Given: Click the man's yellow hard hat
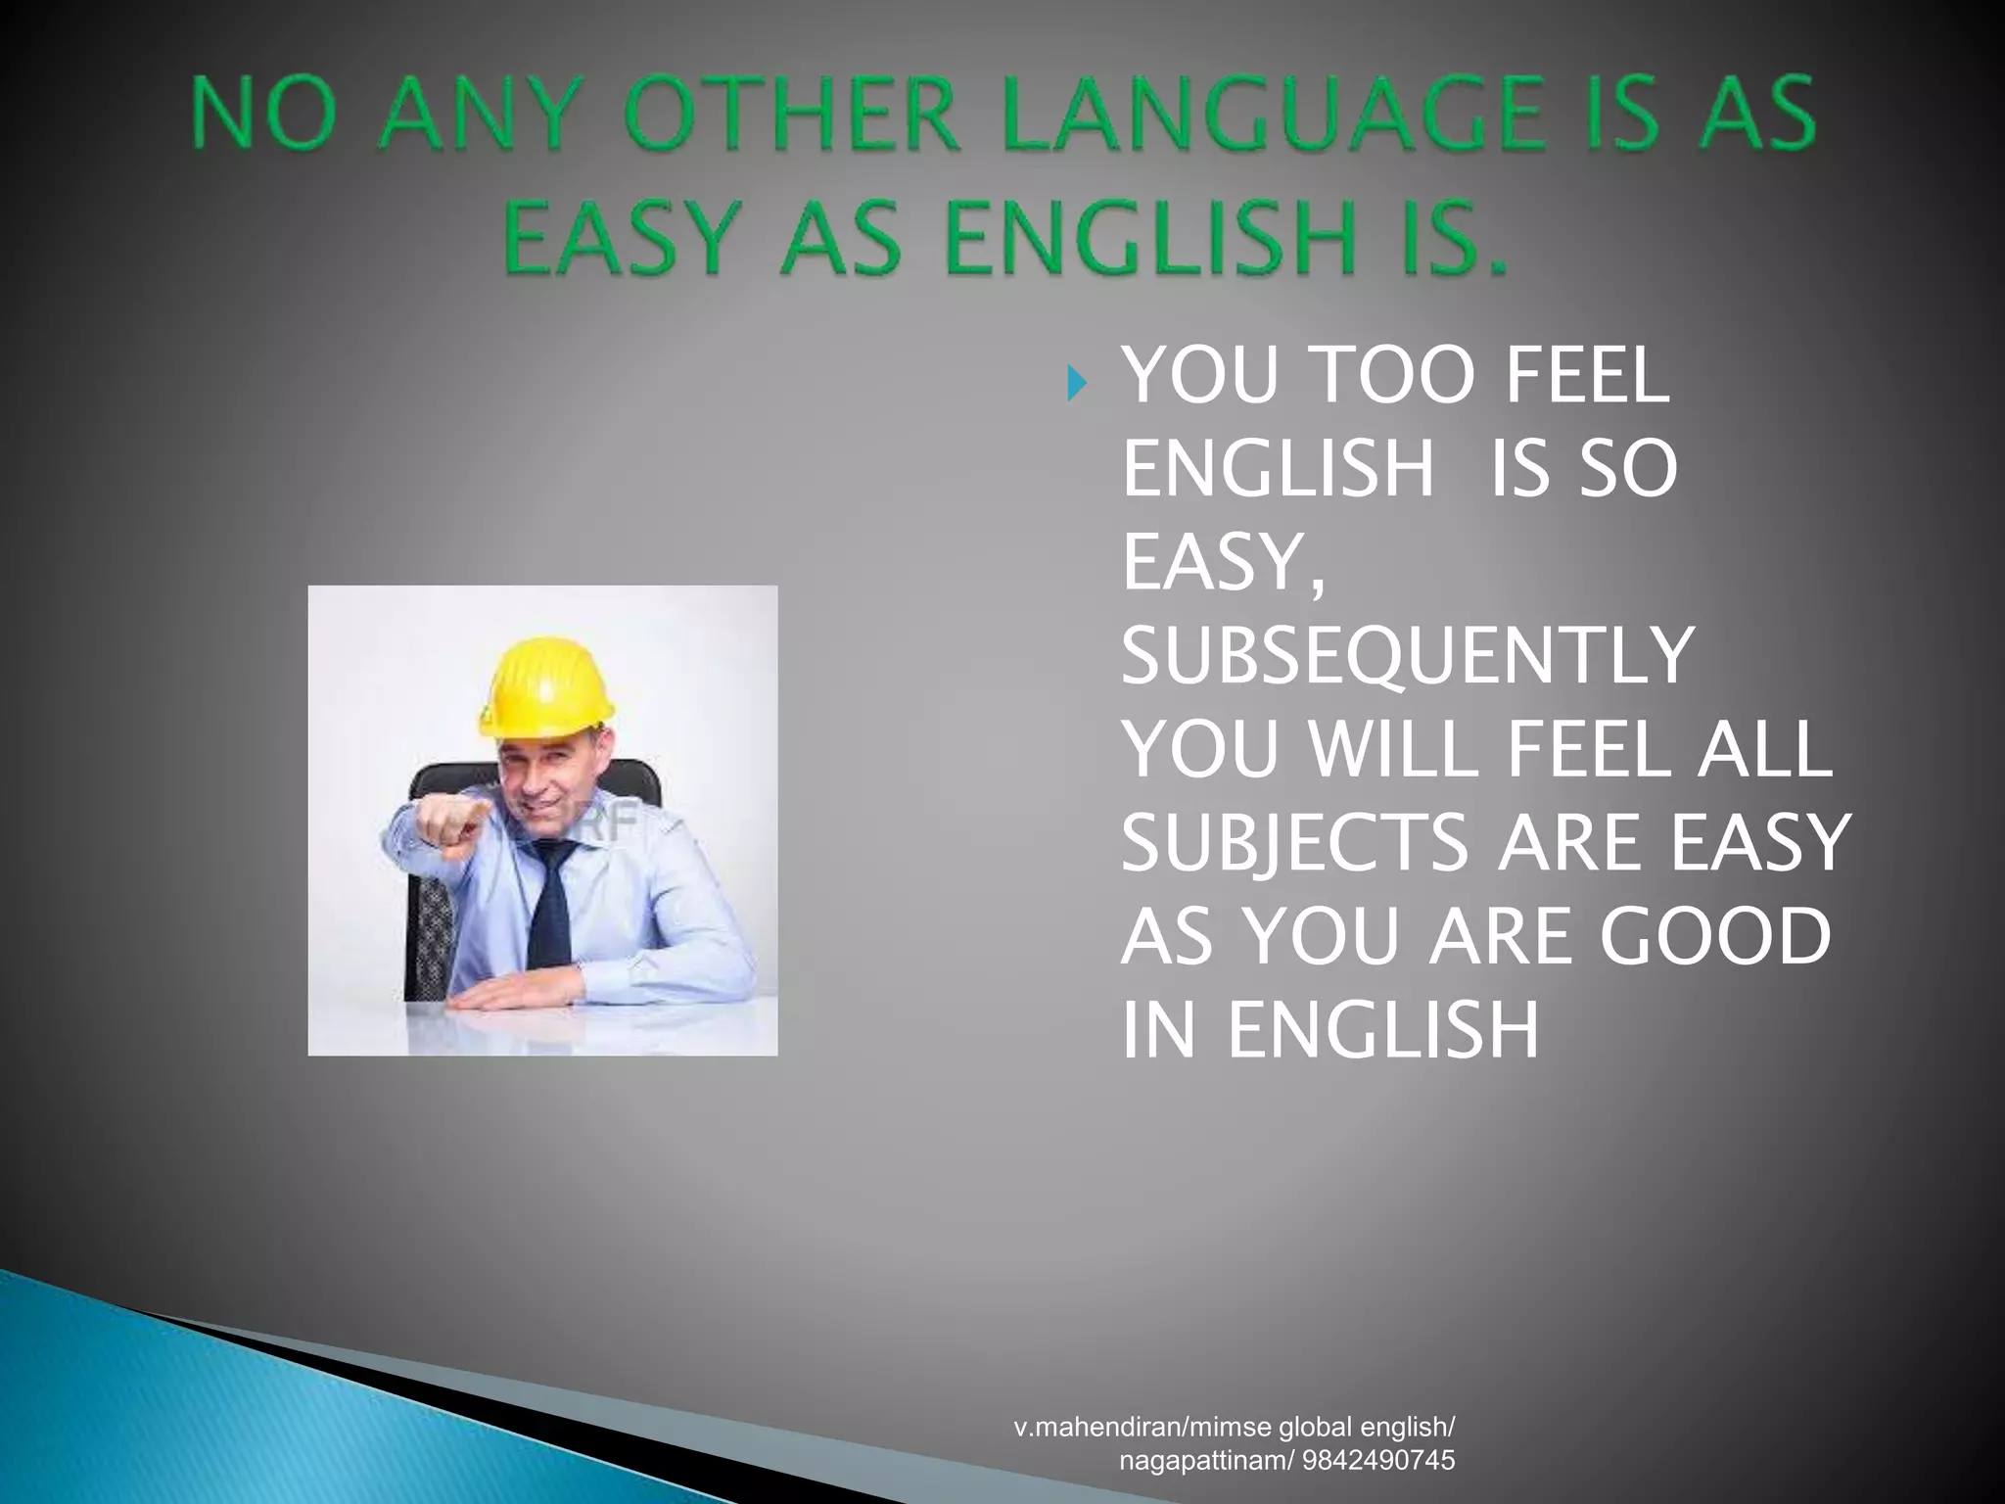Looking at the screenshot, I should point(544,685).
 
